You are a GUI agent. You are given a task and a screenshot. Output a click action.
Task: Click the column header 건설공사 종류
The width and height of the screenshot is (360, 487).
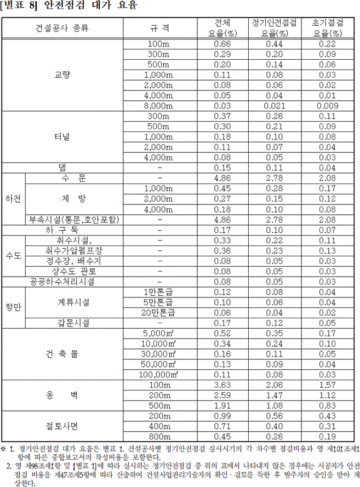pos(62,28)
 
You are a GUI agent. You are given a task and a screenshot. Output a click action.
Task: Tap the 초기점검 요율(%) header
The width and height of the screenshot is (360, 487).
pos(327,28)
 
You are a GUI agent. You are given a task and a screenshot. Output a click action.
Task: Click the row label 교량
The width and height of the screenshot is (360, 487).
pos(62,75)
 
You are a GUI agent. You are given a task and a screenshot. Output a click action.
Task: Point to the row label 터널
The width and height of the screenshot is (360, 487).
pos(62,137)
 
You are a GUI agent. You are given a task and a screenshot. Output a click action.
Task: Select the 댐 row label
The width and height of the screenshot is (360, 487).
pos(62,168)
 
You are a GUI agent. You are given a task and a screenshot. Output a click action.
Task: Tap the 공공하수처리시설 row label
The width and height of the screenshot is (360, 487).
pos(62,282)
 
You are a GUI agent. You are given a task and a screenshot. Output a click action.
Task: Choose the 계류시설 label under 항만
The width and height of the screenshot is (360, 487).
pos(74,302)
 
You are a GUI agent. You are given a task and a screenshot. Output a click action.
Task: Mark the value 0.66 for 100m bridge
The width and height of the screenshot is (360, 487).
pos(222,44)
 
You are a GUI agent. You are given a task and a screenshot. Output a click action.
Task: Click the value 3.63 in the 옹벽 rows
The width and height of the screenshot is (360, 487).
pos(222,385)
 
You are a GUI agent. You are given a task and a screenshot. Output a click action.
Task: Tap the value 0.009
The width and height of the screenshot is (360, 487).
pos(327,106)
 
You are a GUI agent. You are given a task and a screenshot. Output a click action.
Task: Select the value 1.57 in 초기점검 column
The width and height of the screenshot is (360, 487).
pos(327,385)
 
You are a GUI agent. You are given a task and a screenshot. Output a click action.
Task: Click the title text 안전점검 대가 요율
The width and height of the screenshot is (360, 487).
pos(86,7)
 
